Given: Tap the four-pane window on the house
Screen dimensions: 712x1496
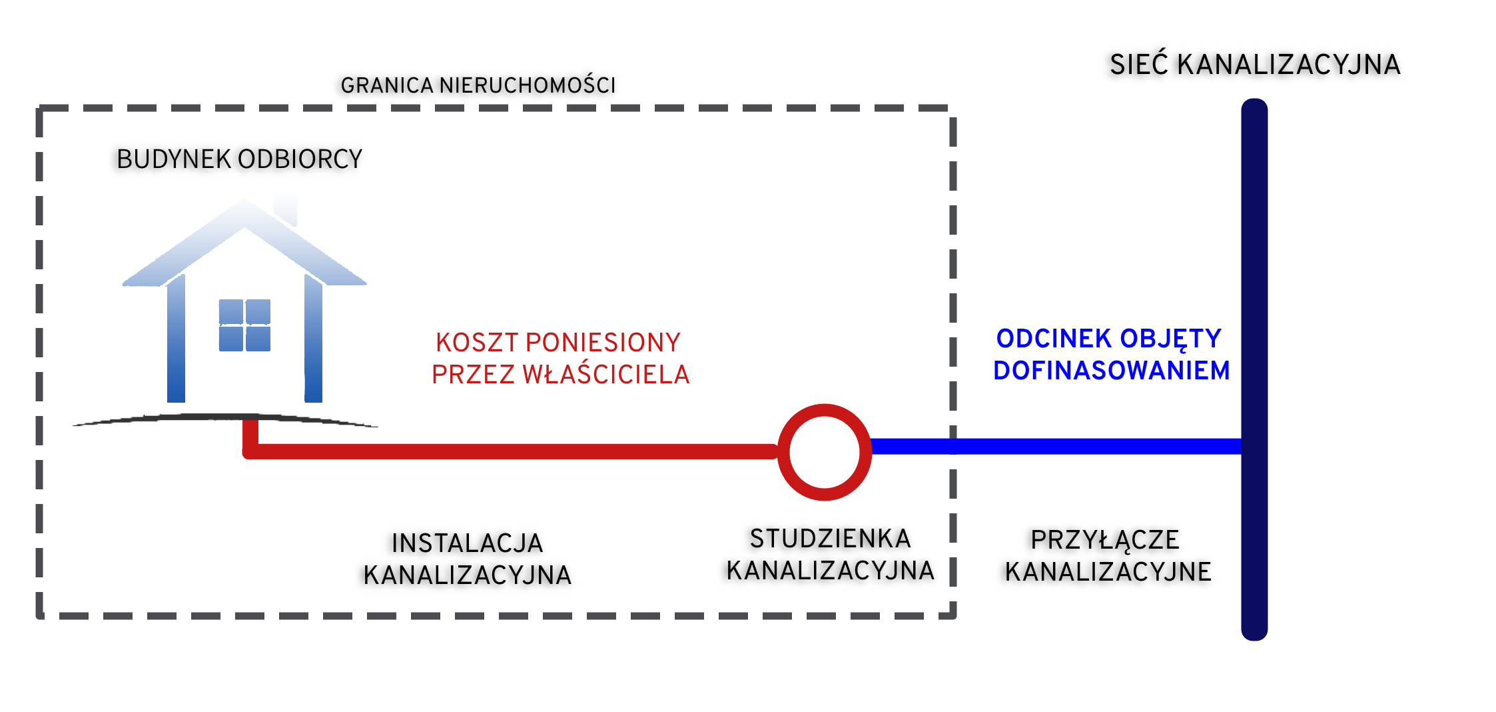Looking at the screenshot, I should [244, 325].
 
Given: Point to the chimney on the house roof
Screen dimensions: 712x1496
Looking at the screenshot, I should [286, 208].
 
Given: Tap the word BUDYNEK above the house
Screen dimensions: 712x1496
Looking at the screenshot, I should [173, 159].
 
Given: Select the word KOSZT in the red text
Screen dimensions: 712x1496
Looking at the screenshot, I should [476, 343].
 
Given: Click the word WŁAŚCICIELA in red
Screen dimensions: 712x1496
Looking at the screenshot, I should [605, 375].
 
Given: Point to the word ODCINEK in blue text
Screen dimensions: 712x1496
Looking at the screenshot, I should [1054, 339].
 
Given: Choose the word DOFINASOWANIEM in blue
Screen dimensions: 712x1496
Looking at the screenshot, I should [1111, 371].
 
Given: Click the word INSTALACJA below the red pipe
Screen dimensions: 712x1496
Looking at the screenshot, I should [467, 543].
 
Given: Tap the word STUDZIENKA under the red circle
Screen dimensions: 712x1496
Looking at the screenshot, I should [830, 539].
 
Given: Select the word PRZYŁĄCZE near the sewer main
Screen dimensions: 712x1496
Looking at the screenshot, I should [1104, 540].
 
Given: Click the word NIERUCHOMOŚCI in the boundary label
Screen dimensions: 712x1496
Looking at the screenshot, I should [527, 85].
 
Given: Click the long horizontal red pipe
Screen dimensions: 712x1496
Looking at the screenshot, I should [506, 451].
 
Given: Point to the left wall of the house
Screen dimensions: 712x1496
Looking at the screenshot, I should [176, 340].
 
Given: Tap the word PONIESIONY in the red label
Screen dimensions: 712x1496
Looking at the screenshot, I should [603, 343].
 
